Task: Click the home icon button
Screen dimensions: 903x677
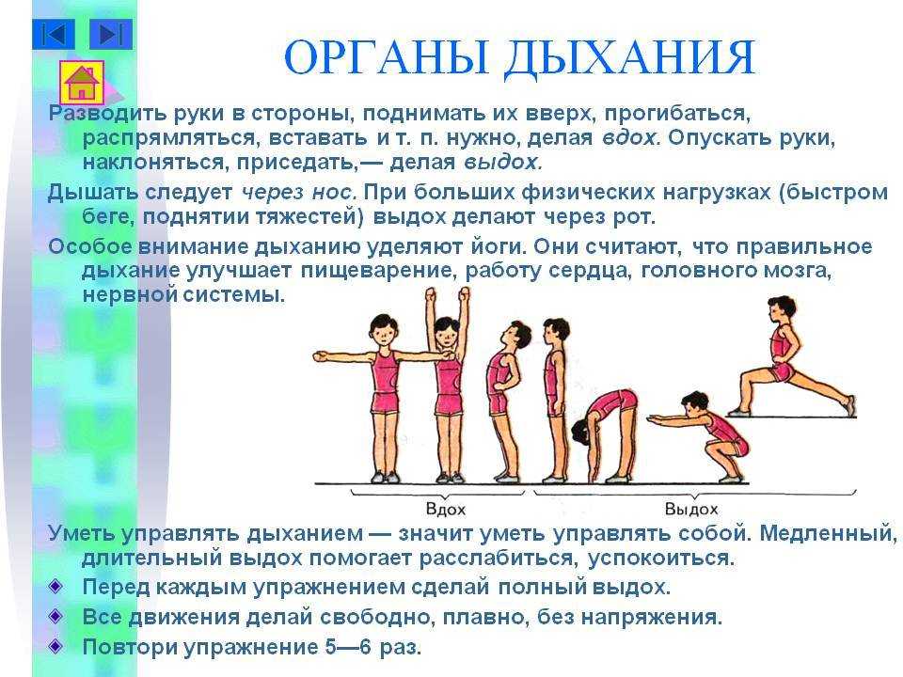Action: coord(82,83)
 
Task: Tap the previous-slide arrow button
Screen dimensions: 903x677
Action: coord(54,34)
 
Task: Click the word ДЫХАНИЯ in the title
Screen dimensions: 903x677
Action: coord(629,58)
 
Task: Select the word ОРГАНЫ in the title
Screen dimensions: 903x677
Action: coord(386,57)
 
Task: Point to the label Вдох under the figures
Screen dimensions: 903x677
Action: coord(445,509)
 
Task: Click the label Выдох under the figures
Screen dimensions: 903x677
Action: coord(691,509)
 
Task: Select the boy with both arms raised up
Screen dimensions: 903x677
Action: coord(448,386)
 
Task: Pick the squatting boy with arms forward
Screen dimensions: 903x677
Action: coord(700,435)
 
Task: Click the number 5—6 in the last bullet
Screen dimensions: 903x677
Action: coord(348,647)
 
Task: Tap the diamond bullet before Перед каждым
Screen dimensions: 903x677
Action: coord(55,587)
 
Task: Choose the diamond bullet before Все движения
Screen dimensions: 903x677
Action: coord(55,617)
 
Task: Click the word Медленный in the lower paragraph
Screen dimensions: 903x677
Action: coord(828,533)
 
